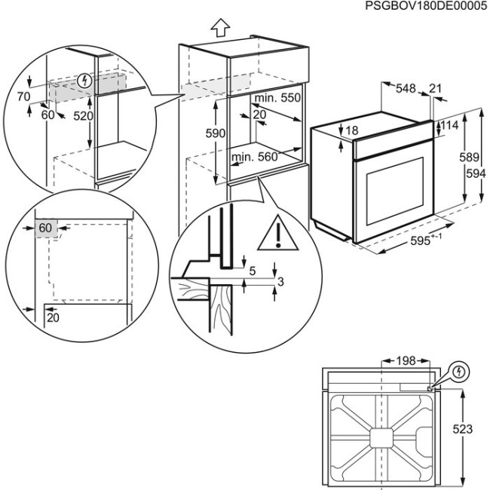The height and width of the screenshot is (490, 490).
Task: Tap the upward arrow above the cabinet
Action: pyautogui.click(x=220, y=29)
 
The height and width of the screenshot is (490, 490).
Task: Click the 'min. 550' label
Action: pyautogui.click(x=277, y=100)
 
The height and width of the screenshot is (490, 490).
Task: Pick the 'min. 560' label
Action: pyautogui.click(x=256, y=157)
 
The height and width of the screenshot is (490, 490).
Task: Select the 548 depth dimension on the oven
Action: pyautogui.click(x=406, y=88)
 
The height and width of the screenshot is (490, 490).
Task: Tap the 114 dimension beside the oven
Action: pyautogui.click(x=450, y=124)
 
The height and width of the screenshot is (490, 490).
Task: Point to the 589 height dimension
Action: pyautogui.click(x=470, y=158)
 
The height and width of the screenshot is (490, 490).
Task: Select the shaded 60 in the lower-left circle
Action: pyautogui.click(x=45, y=228)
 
